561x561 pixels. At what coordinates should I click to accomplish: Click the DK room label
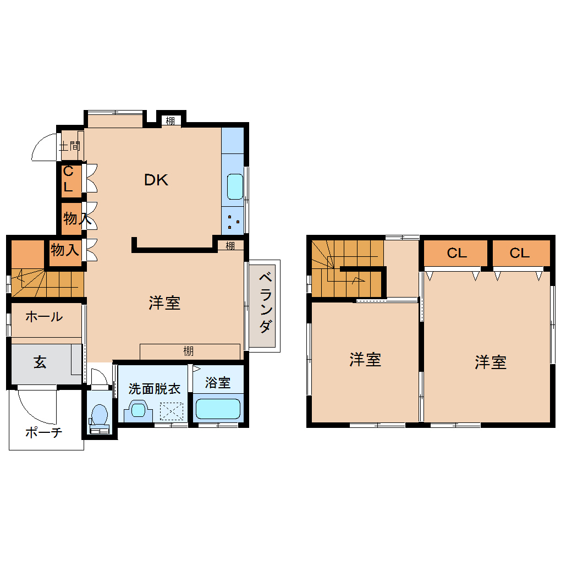(x=156, y=180)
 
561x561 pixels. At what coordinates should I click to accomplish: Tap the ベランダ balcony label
(x=265, y=302)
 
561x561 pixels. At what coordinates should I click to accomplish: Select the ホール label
(x=44, y=317)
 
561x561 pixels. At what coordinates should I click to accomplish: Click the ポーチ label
(x=43, y=432)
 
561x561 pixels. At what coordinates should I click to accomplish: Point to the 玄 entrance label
(x=40, y=362)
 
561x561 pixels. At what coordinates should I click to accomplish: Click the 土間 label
(x=70, y=146)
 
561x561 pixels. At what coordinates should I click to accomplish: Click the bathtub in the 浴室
(x=218, y=409)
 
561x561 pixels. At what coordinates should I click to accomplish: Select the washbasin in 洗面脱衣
(x=138, y=410)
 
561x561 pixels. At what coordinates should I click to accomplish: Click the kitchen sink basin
(x=235, y=186)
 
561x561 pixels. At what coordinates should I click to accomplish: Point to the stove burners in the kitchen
(x=233, y=222)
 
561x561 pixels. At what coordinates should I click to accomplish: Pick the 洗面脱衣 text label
(x=155, y=388)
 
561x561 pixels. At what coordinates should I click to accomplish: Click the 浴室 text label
(x=218, y=382)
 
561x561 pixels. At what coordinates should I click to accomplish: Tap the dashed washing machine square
(x=172, y=411)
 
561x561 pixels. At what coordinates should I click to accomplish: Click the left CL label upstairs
(x=457, y=253)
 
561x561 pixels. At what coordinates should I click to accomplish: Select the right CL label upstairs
(x=520, y=253)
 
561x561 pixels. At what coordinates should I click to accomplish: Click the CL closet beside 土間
(x=68, y=179)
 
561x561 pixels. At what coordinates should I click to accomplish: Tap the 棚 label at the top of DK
(x=170, y=121)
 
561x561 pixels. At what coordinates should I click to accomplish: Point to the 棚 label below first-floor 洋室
(x=189, y=351)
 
